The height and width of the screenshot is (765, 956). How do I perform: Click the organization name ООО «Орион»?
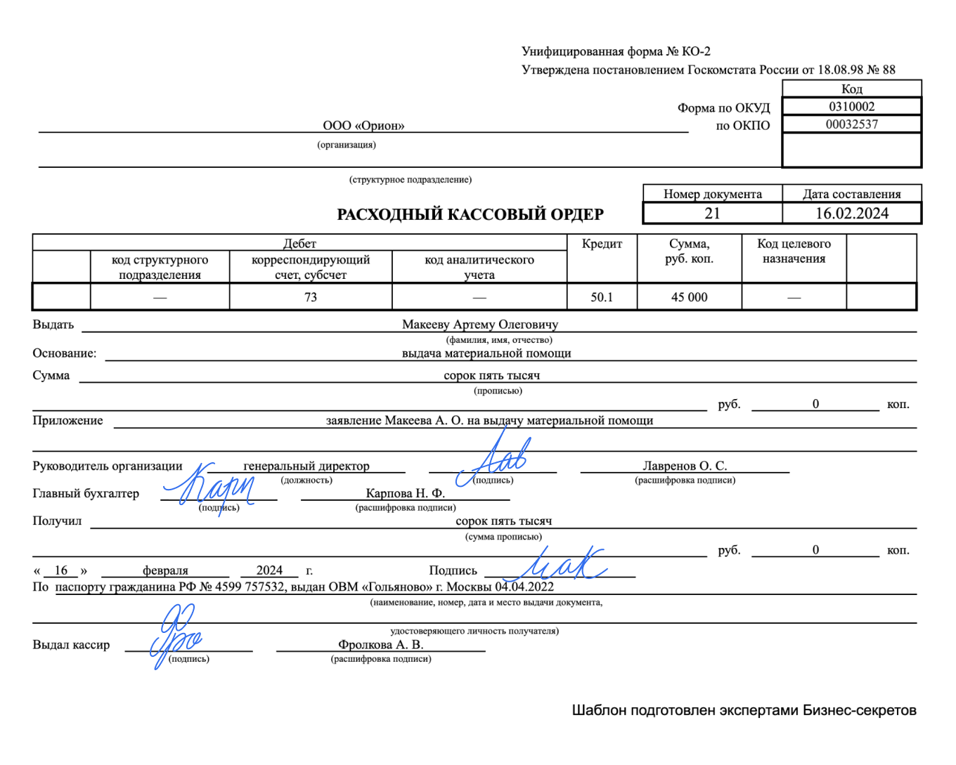[363, 126]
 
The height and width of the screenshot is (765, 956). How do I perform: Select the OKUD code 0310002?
[851, 107]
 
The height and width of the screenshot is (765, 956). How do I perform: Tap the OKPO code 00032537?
[851, 124]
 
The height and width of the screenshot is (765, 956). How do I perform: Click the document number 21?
[712, 214]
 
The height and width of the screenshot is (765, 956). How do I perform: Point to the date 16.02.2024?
[852, 214]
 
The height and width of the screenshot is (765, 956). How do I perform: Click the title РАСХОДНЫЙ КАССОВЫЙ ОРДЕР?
[470, 214]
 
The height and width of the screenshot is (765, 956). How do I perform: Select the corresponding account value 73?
[311, 297]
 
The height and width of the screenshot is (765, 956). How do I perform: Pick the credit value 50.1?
[602, 297]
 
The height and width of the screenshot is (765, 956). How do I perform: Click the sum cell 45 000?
[689, 297]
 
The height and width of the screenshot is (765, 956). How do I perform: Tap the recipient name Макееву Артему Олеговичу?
[480, 325]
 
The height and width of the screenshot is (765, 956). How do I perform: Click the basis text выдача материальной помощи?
[486, 353]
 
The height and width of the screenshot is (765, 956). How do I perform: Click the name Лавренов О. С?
[685, 466]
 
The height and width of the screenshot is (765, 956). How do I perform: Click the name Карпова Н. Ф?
[405, 493]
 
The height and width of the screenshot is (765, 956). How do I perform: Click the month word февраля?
[165, 570]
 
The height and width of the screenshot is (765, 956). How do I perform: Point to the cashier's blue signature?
[173, 636]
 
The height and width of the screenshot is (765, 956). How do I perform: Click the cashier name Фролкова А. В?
[380, 645]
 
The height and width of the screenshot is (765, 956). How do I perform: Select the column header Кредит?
[602, 244]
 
